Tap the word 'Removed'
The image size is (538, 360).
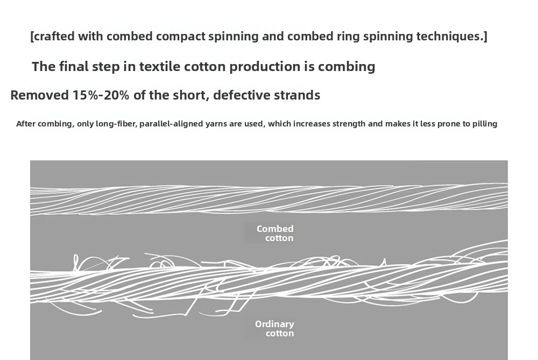39,95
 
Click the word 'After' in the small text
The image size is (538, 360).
26,124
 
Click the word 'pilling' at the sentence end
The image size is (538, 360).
485,124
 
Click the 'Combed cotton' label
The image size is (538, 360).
275,234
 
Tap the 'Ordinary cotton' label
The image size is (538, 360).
275,328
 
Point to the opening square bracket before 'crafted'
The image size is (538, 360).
32,37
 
